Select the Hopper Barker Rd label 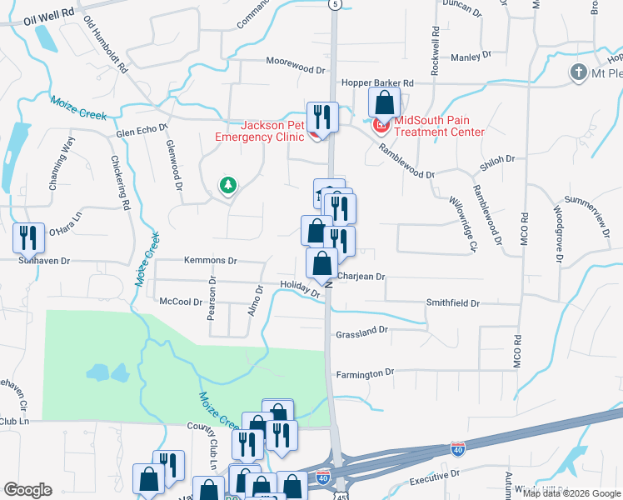point(377,83)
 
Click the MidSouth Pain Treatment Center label point(438,126)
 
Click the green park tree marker point(227,185)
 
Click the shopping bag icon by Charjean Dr point(321,263)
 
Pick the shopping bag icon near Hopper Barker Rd point(385,103)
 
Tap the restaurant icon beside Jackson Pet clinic point(321,117)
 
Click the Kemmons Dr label point(188,260)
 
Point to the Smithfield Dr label point(453,304)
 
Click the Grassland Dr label point(362,331)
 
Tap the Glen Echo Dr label point(142,131)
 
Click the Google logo point(28,490)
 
